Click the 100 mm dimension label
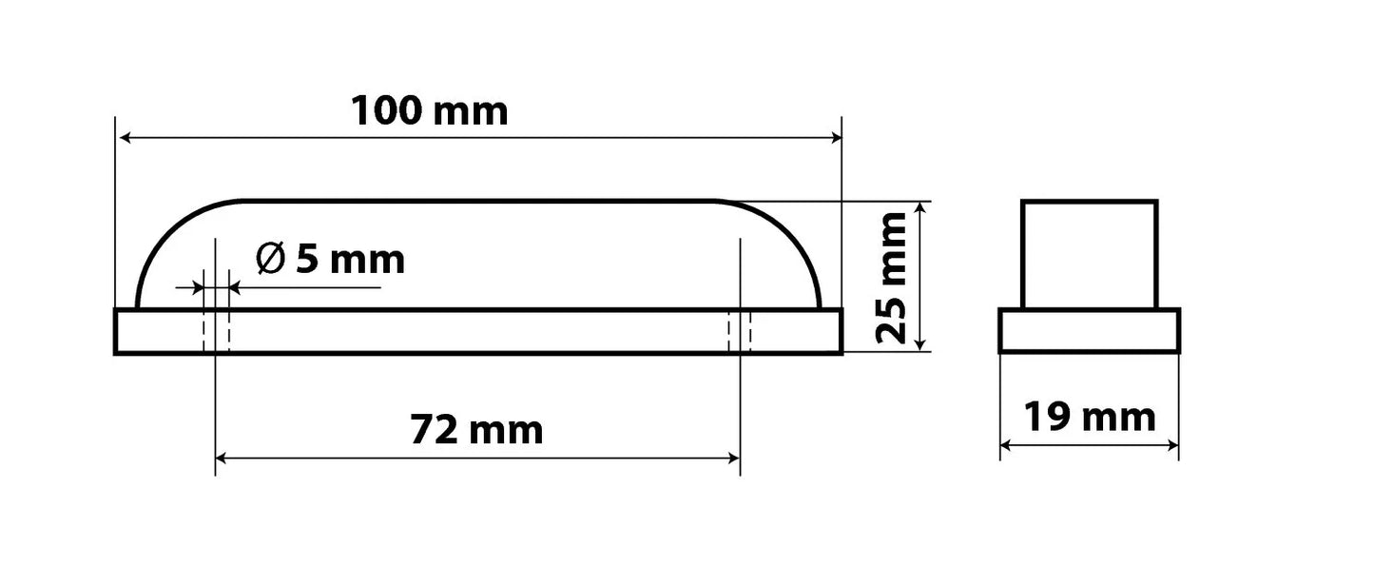pos(430,111)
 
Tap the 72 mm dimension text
pos(476,430)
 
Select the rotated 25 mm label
pos(891,278)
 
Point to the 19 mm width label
pos(1090,418)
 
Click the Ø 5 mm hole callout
pos(331,259)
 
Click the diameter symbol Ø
pos(270,259)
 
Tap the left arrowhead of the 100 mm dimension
pos(126,137)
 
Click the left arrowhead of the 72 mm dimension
pos(222,458)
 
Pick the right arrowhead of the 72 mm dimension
pos(734,458)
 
